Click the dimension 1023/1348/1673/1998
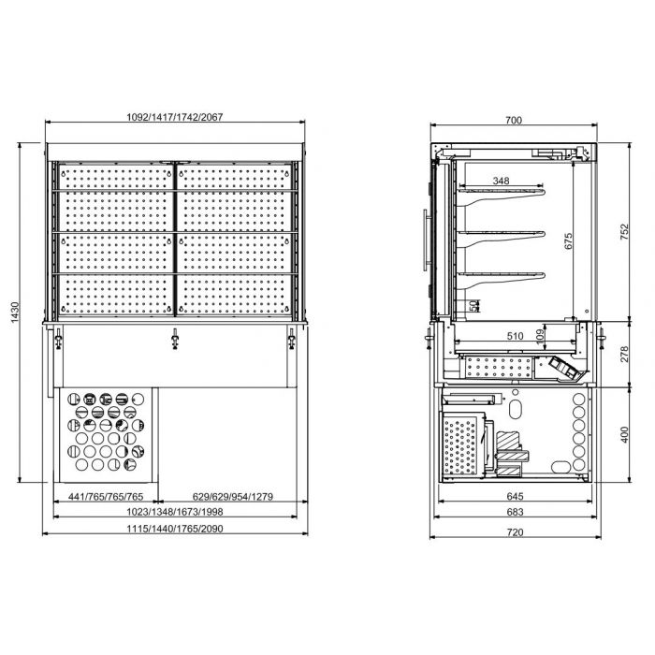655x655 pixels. [x=176, y=512]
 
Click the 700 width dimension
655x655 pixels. [x=512, y=120]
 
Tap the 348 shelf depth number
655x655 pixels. [x=502, y=180]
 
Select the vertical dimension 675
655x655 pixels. [x=566, y=240]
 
